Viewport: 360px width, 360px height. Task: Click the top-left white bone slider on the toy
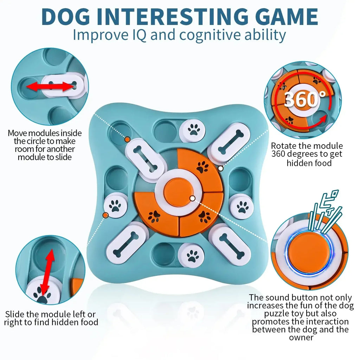point(144,159)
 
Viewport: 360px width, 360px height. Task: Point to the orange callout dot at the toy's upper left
point(127,140)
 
